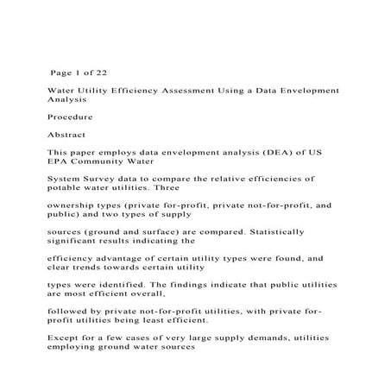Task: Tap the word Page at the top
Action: coord(64,72)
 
